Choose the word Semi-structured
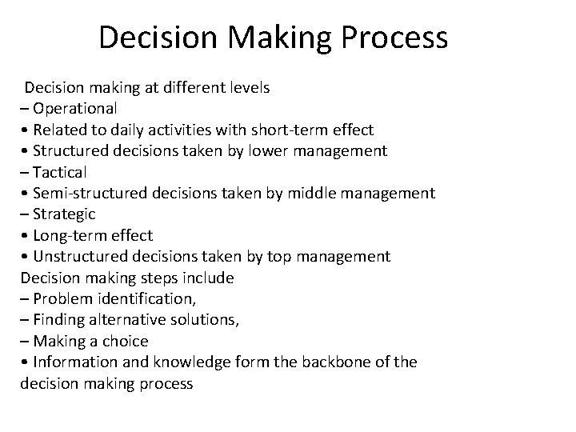[86, 193]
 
